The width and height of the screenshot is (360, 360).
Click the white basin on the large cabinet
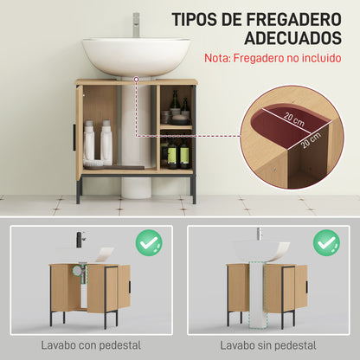pyautogui.click(x=135, y=55)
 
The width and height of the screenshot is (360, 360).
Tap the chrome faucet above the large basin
pyautogui.click(x=136, y=23)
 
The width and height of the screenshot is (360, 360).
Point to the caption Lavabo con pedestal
pyautogui.click(x=90, y=345)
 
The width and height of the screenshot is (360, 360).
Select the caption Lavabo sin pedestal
pyautogui.click(x=267, y=345)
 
